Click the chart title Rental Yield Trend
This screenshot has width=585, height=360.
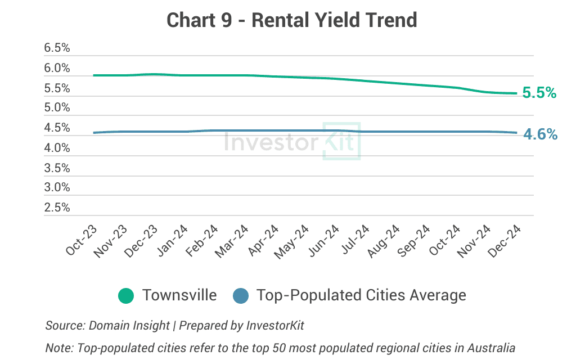292,20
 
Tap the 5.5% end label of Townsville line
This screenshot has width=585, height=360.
539,93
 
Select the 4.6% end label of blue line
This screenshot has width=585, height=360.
540,134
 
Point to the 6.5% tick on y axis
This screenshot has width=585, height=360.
57,48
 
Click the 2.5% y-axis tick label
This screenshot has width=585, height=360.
57,208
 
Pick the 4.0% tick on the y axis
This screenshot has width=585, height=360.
57,148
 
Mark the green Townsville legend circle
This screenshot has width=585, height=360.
126,295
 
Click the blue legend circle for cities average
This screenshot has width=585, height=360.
241,295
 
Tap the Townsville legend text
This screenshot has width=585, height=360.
179,295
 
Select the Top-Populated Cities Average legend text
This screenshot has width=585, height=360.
361,295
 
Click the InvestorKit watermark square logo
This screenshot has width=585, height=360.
341,141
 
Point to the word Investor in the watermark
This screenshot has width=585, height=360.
271,142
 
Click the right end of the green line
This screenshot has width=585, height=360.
516,93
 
